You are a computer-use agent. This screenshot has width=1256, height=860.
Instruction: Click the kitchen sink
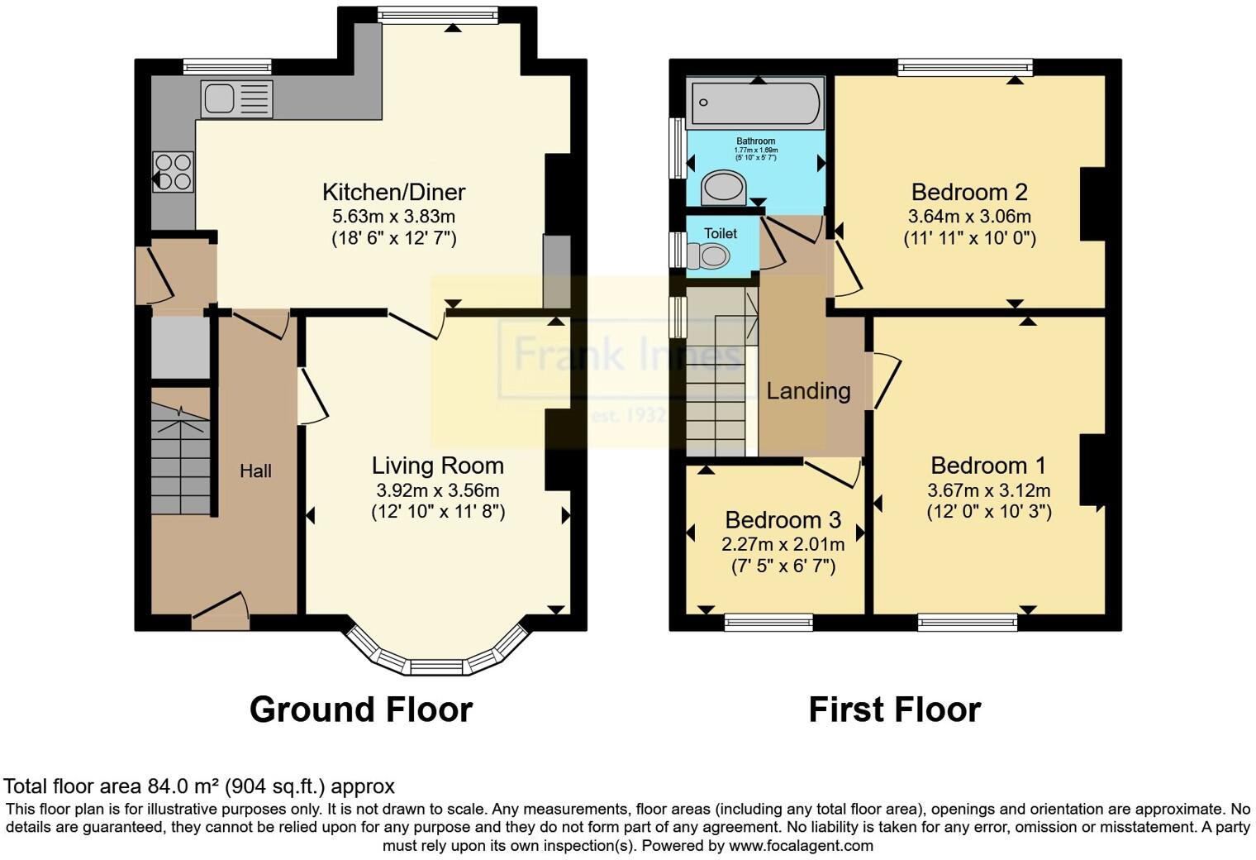(236, 99)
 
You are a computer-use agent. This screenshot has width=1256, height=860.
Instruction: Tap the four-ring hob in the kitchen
(173, 172)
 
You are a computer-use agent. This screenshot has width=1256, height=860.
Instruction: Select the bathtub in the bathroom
(755, 103)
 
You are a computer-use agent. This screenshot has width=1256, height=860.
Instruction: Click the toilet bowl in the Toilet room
(709, 258)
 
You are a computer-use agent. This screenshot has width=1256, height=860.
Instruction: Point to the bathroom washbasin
(724, 188)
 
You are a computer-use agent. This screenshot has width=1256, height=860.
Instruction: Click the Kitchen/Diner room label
(393, 193)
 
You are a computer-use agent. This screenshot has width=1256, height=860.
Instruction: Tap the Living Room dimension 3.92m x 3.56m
(436, 490)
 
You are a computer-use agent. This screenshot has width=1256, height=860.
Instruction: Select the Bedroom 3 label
(783, 520)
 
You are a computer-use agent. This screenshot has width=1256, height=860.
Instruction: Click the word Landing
(808, 391)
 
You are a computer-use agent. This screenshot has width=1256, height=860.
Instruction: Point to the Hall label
(255, 471)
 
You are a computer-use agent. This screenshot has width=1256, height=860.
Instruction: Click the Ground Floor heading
(361, 709)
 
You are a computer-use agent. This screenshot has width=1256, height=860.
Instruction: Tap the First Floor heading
(894, 709)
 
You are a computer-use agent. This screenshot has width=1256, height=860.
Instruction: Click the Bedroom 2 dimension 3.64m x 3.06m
(969, 217)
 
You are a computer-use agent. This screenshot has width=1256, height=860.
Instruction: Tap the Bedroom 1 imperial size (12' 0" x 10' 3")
(988, 512)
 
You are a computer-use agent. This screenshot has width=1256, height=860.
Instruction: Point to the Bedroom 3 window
(768, 623)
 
